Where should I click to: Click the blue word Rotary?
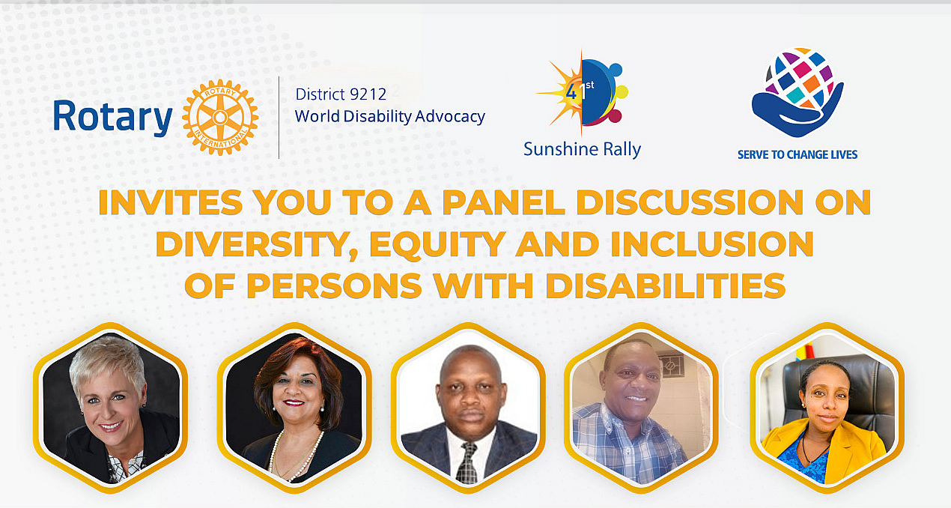[112, 117]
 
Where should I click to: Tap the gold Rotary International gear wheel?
[219, 117]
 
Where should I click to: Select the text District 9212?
[341, 94]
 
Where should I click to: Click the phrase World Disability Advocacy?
[389, 117]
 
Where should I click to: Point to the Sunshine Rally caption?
[582, 149]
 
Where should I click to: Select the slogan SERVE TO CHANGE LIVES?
[797, 154]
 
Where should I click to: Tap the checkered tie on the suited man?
[467, 462]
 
